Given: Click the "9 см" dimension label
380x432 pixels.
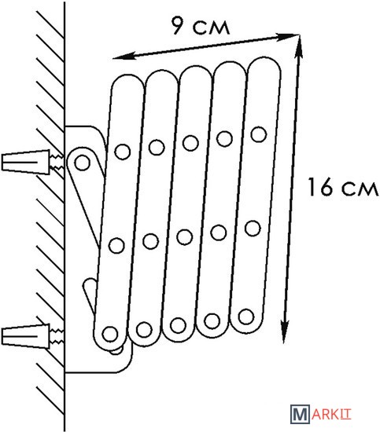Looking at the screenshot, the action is (x=201, y=26).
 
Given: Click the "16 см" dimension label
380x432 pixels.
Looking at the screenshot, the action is (x=343, y=188).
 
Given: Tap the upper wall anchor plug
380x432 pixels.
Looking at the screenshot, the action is (x=26, y=162).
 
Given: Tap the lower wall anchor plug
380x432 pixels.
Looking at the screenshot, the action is (x=26, y=336).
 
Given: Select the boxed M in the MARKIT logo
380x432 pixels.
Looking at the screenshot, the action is (x=300, y=413).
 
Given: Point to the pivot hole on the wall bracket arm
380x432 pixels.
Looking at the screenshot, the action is (x=82, y=163).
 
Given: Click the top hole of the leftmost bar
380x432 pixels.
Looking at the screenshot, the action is (x=123, y=152).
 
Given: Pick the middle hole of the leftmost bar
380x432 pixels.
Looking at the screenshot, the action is (x=116, y=246).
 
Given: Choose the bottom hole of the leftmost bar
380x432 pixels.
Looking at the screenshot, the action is (x=110, y=334).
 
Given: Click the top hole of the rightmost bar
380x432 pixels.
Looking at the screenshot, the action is (x=259, y=134).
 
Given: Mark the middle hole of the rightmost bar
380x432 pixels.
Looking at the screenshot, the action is (x=253, y=229).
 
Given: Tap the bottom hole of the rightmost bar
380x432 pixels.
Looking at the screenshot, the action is (x=246, y=317).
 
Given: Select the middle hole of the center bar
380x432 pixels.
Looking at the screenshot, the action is (x=185, y=237).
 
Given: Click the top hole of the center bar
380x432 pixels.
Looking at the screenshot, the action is (x=190, y=143).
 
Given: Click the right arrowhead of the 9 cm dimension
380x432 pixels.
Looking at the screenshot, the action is (x=287, y=36).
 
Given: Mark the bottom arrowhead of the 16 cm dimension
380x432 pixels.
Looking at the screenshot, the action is (x=285, y=332).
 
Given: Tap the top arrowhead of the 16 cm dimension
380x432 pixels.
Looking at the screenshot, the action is (x=299, y=46).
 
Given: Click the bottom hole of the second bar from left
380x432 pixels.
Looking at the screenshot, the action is (x=144, y=330).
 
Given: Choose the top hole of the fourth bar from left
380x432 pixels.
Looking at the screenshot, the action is (x=225, y=138).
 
